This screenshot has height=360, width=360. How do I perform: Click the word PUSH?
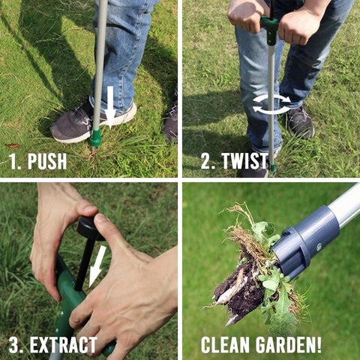pos(47,161)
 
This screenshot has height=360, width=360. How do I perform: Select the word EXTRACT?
pos(63,345)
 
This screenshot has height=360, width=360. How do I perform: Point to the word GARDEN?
pos(288,345)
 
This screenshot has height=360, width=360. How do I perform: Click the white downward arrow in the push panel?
pos(110,107)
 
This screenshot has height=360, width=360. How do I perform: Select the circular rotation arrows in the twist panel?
pos(271,104)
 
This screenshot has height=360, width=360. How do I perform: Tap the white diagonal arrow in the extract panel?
pos(97,265)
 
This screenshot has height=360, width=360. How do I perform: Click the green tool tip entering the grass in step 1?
pos(95,137)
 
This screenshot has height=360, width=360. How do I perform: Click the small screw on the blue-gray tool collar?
pos(319,247)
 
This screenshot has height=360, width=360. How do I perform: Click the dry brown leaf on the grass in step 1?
pos(13,146)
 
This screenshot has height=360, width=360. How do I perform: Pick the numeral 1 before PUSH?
pos(13,161)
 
